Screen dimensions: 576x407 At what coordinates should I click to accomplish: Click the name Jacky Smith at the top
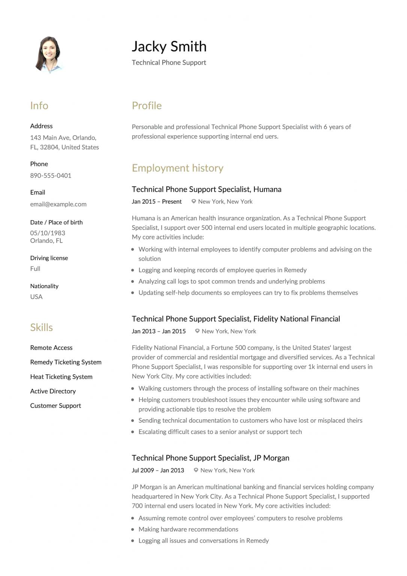(x=169, y=46)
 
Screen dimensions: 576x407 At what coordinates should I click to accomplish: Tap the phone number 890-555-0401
(x=51, y=175)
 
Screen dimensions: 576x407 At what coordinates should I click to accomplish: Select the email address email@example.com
(x=58, y=204)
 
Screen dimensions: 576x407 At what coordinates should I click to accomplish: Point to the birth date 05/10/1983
(x=48, y=233)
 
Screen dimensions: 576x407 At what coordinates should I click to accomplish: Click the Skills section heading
(x=41, y=327)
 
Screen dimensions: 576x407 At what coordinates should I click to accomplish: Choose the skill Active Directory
(x=53, y=391)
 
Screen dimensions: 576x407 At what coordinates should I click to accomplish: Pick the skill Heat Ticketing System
(x=61, y=376)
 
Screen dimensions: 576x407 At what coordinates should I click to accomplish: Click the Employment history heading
(x=177, y=168)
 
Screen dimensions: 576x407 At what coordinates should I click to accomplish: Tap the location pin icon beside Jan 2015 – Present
(x=194, y=201)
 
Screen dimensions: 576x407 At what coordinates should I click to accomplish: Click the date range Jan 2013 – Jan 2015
(x=159, y=331)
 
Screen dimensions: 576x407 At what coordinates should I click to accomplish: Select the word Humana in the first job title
(x=267, y=189)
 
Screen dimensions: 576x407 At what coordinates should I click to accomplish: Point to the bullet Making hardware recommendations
(x=188, y=529)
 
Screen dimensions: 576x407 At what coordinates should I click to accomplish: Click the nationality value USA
(x=36, y=297)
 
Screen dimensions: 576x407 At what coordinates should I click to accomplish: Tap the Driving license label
(x=49, y=258)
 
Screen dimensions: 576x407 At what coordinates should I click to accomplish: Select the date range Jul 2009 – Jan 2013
(x=158, y=470)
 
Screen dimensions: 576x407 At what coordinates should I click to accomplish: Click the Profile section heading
(x=147, y=106)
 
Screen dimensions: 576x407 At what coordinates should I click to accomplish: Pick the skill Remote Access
(x=51, y=348)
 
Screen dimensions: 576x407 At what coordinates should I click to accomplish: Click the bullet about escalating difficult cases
(x=220, y=432)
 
